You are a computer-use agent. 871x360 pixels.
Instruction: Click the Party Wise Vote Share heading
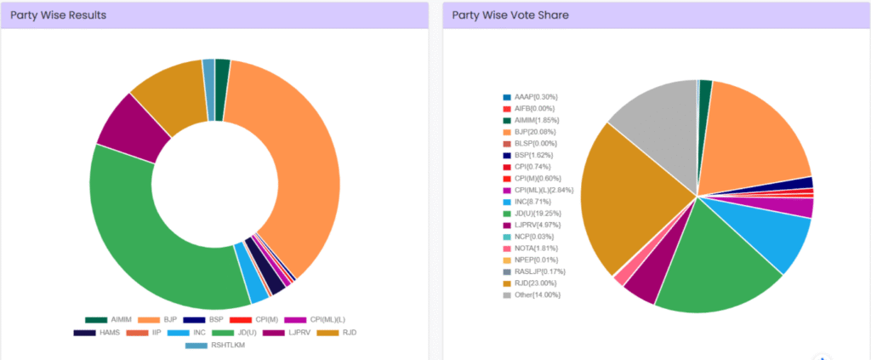510,15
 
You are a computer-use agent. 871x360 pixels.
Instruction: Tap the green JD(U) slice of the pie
714,264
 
